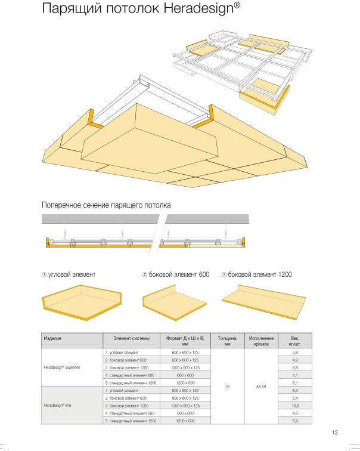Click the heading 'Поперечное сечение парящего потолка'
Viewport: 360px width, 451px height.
106,205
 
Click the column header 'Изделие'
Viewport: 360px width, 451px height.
52,338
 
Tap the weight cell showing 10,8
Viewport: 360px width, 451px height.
294,406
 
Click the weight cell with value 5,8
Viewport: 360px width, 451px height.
294,353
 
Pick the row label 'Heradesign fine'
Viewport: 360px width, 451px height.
58,406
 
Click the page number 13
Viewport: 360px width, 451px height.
336,433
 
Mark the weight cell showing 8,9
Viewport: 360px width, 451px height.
294,421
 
